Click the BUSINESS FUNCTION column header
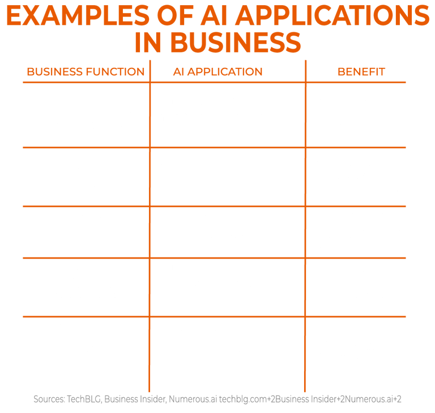pos(86,72)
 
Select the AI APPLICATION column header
pos(217,72)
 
